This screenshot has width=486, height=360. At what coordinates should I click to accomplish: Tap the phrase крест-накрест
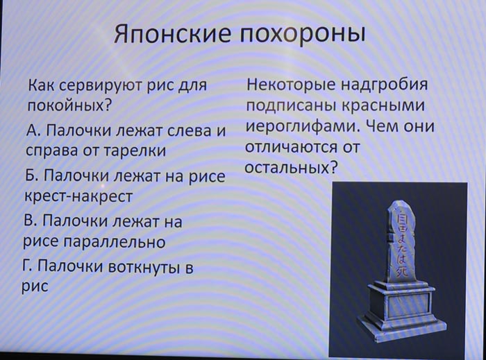[78, 196]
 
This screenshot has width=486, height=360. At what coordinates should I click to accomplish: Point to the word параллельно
[115, 242]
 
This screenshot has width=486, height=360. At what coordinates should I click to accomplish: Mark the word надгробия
[385, 84]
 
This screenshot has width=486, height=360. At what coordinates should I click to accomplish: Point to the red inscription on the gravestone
[403, 242]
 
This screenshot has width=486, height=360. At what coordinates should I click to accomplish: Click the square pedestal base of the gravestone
[402, 309]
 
